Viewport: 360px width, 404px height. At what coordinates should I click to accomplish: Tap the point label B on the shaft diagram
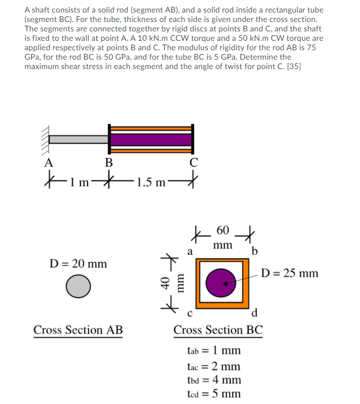coord(108,162)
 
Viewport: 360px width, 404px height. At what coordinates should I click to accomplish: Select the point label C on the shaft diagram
coord(194,162)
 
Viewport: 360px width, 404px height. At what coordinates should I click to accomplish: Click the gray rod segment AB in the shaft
coord(78,139)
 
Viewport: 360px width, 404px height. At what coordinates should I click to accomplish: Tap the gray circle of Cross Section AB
coord(78,286)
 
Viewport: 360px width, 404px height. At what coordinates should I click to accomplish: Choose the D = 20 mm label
coord(78,263)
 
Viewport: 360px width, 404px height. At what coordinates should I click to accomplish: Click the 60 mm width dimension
coord(222,237)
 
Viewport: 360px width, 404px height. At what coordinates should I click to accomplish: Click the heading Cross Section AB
coord(78,330)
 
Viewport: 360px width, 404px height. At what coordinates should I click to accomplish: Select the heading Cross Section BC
coord(218,330)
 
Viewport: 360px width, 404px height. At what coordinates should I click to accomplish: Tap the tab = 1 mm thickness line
coord(213,350)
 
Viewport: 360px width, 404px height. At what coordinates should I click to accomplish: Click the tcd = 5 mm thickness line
coord(213,393)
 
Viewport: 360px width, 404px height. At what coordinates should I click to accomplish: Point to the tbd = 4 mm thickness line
coord(213,379)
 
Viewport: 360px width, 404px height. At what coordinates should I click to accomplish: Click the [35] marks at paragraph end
coord(294,66)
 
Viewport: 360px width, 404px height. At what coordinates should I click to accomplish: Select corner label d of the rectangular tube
coord(254,314)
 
